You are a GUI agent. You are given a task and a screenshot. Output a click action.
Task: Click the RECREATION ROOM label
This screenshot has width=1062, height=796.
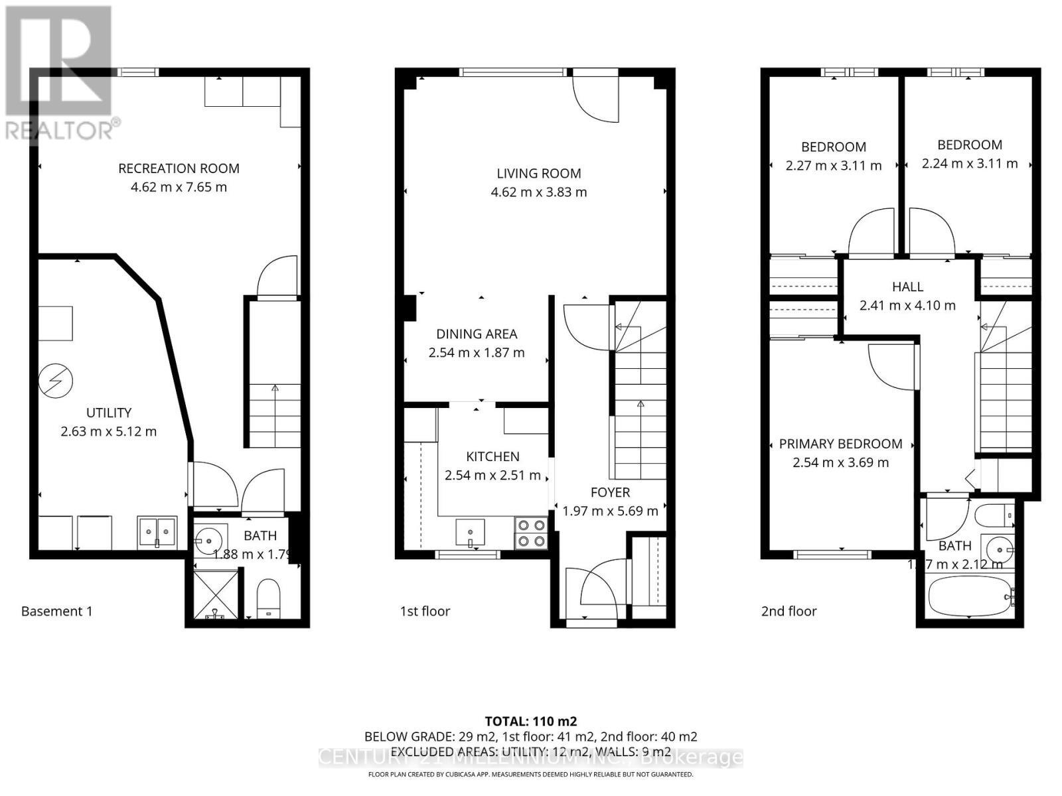click(x=179, y=168)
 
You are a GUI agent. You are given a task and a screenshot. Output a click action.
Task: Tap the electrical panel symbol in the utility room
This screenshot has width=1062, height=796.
click(x=56, y=381)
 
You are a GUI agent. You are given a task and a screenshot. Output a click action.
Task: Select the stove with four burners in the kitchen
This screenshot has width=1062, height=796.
click(x=531, y=533)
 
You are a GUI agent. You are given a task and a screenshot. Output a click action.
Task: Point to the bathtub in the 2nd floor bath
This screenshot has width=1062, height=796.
click(x=968, y=596)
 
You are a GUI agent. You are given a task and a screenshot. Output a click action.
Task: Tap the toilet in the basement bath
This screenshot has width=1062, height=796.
click(x=269, y=596)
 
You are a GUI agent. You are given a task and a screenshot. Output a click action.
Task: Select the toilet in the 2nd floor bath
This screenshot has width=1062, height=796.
click(x=994, y=514)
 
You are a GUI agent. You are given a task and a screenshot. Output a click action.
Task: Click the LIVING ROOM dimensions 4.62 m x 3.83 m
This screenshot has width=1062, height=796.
click(x=538, y=192)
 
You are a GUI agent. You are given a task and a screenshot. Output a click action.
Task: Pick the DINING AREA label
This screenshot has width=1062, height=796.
click(x=476, y=334)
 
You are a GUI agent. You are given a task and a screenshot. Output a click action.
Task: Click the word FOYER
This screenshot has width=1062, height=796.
click(x=610, y=492)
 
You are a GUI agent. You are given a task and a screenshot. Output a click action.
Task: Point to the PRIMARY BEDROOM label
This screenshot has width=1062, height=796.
click(x=840, y=444)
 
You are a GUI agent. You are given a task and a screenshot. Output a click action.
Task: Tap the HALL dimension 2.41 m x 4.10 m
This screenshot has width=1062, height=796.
click(x=907, y=306)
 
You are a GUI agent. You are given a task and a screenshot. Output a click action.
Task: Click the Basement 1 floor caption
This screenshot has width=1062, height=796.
click(x=57, y=611)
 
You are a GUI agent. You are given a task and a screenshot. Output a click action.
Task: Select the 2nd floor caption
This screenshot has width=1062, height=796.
click(x=789, y=611)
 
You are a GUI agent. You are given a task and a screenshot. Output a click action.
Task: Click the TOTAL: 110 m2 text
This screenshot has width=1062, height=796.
click(x=530, y=721)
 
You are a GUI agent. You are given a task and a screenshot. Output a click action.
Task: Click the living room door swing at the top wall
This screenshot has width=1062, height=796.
click(x=595, y=98)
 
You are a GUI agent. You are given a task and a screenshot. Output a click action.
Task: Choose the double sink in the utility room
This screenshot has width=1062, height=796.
click(x=157, y=531)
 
